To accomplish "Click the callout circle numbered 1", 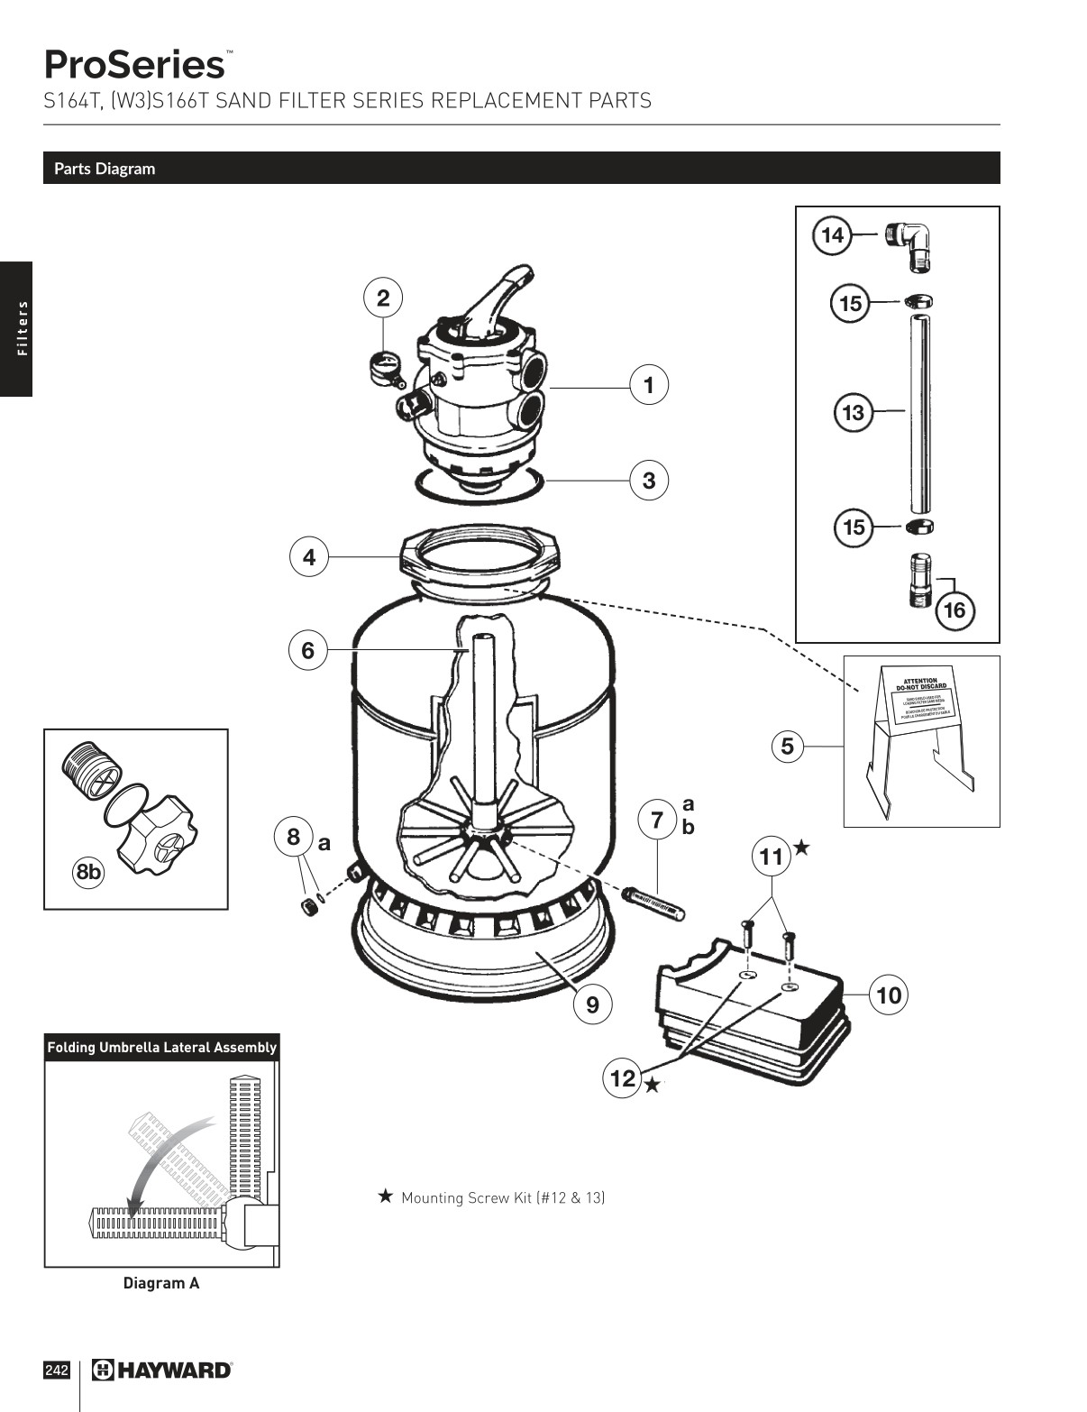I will pos(649,385).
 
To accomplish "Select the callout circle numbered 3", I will pos(649,481).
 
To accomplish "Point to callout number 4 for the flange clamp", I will pos(309,557).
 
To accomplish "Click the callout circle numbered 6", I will pos(308,649).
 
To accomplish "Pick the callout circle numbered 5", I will pos(788,747).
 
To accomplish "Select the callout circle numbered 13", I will pos(853,413).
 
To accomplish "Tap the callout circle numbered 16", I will pos(954,610).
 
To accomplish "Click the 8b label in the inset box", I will pos(89,872).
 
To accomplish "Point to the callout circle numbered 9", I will pos(592,1004).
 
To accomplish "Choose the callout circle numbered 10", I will pos(889,995).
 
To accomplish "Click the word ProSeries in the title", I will pos(134,65).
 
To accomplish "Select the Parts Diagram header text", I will pos(105,169).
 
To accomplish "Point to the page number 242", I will pos(56,1371).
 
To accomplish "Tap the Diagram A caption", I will pos(161,1283).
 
